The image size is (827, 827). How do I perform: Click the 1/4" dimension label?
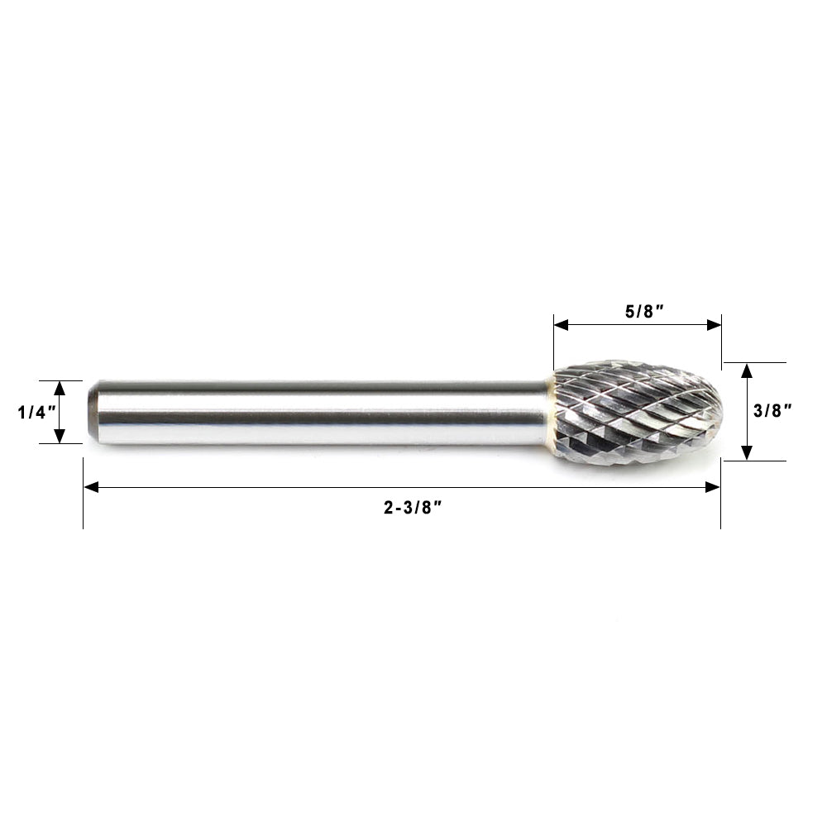pos(35,413)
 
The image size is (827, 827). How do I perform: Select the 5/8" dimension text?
pos(646,311)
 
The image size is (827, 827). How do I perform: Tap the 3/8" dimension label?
pos(777,411)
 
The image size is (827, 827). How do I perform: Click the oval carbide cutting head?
pos(635,412)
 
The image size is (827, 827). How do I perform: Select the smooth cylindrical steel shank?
pos(323,413)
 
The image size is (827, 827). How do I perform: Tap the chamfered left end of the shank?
pos(93,412)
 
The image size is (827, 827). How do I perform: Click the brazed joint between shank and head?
pos(550,412)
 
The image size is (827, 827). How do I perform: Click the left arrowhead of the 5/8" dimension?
pos(561,325)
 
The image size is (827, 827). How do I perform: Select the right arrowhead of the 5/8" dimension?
pos(714,325)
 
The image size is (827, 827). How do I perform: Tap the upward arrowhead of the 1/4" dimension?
pos(60,387)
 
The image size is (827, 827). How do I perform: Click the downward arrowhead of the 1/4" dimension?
pos(60,437)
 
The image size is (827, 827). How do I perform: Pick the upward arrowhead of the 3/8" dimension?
pos(747,370)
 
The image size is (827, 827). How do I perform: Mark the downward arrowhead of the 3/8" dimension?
pos(747,452)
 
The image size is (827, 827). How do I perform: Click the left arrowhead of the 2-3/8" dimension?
pos(91,487)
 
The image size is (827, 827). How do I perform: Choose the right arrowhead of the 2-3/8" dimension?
pos(712,487)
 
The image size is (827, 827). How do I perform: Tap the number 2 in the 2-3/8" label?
pos(387,509)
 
